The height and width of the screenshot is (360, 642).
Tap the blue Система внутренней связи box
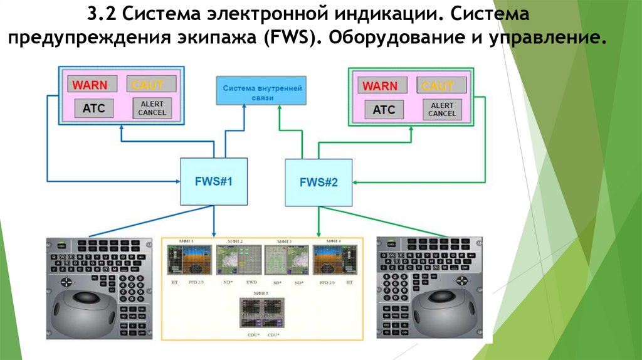tap(261, 92)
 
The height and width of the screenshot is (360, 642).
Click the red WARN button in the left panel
tap(90, 84)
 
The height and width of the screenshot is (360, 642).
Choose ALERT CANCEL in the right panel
tap(442, 110)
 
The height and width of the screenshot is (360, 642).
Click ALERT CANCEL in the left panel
tap(151, 108)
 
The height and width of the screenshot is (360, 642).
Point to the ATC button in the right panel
tap(384, 110)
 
